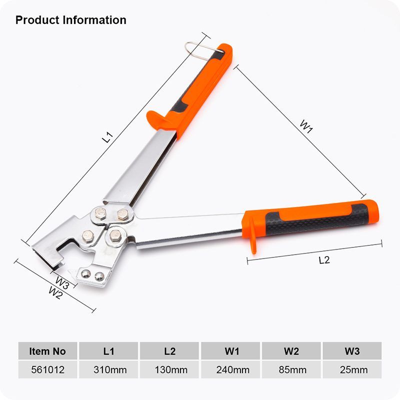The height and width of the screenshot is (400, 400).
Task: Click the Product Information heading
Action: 71,20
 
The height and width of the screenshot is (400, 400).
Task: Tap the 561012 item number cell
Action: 47,369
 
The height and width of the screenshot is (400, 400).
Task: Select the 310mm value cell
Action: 108,369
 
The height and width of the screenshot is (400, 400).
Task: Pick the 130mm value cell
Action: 169,369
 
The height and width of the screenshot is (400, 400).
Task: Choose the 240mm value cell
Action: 230,369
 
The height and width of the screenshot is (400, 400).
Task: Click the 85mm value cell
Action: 291,369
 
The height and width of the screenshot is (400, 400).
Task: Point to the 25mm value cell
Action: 352,369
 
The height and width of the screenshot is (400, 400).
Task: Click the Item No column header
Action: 47,351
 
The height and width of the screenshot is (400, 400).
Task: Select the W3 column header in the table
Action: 352,351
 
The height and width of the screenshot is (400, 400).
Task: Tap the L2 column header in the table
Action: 169,351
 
